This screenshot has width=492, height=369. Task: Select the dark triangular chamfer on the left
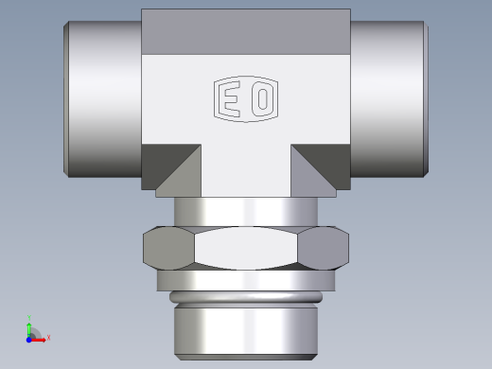coord(175,165)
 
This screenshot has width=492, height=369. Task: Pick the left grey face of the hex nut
coord(168,248)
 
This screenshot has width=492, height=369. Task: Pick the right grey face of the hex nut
coord(325,248)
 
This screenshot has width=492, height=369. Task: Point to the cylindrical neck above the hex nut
coord(246,212)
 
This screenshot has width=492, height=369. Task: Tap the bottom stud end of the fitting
coord(246,331)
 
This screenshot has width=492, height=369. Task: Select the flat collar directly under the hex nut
coord(246,280)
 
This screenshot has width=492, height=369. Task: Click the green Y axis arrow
coord(30,325)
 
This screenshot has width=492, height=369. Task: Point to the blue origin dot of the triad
coord(29,337)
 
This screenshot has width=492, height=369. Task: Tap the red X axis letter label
coord(48,337)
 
